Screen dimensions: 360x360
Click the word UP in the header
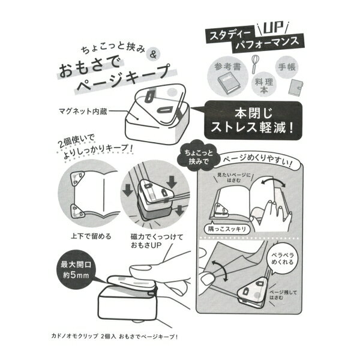tap(273, 28)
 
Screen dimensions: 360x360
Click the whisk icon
tap(254, 64)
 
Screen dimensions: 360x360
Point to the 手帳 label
tap(287, 67)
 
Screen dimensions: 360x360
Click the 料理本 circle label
tap(263, 85)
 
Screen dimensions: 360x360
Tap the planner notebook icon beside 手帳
tap(296, 87)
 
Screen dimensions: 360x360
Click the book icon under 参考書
tap(228, 84)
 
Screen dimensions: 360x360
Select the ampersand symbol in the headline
tap(154, 55)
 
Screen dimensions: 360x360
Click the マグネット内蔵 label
tap(83, 111)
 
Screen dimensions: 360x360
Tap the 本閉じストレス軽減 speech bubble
tap(253, 120)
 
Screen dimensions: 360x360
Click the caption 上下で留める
tap(91, 236)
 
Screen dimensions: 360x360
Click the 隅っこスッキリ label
tap(227, 229)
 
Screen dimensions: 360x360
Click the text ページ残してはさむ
tap(283, 295)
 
